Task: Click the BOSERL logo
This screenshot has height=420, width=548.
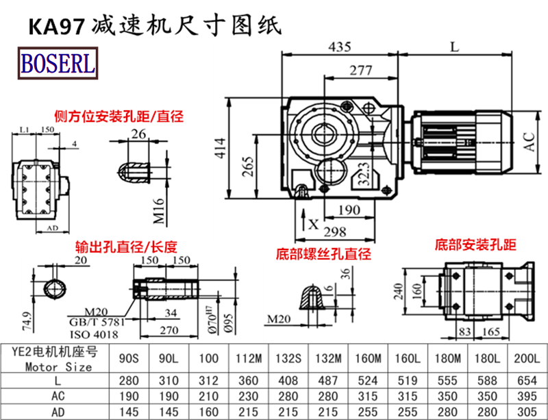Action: click(x=58, y=64)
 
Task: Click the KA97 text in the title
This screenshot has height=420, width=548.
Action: click(x=55, y=25)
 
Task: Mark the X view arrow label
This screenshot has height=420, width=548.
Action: click(x=313, y=223)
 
